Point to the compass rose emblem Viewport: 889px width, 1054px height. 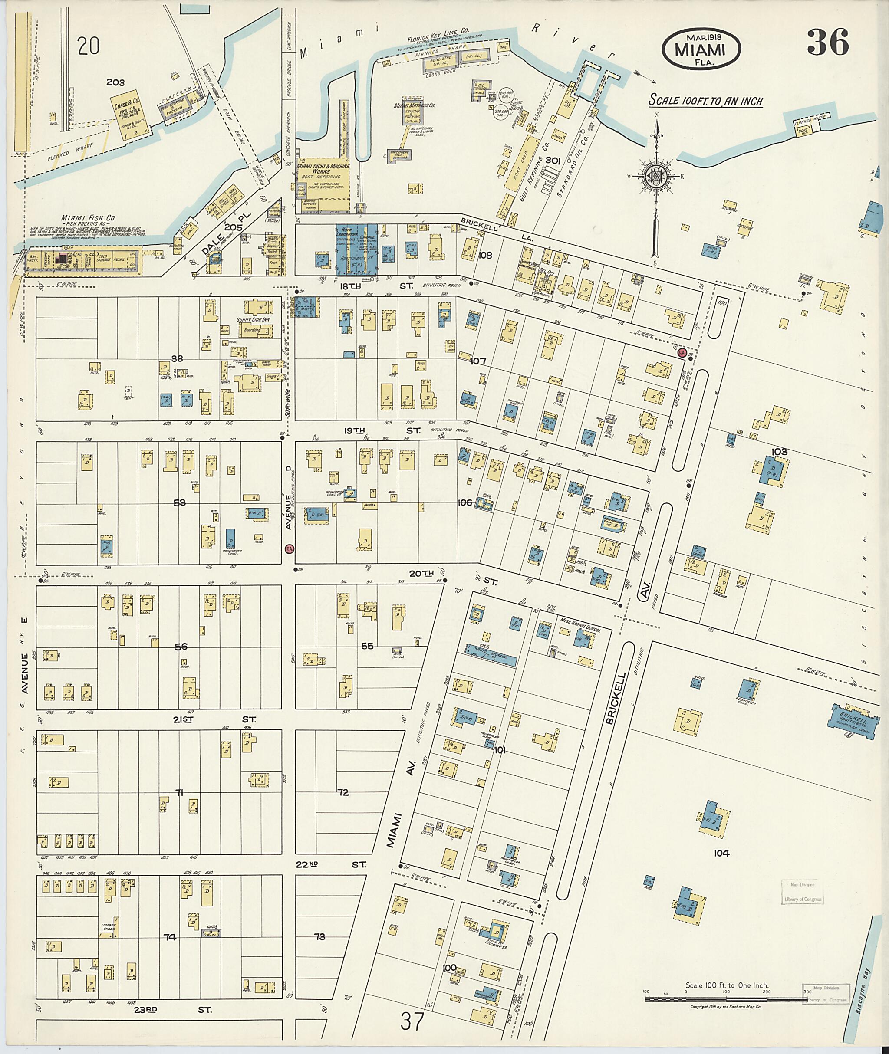click(x=656, y=177)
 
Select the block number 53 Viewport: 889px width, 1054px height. click(x=179, y=502)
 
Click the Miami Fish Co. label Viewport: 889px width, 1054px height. click(x=89, y=218)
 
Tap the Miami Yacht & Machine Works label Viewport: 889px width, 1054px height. click(x=319, y=168)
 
